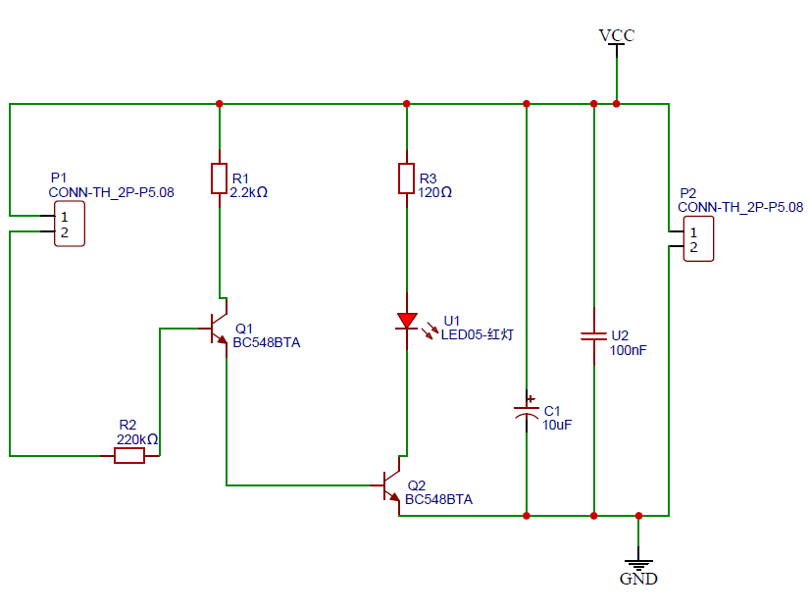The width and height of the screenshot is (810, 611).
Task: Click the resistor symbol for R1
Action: tap(220, 179)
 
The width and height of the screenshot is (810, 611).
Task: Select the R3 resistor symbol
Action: tap(407, 179)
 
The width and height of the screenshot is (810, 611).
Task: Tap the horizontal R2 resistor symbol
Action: tap(129, 456)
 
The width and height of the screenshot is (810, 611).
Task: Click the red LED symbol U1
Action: tap(407, 321)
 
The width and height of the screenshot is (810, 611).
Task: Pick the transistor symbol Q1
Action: tap(218, 330)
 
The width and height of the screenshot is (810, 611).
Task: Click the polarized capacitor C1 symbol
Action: tap(528, 413)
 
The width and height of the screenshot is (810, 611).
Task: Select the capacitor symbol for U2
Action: tap(594, 337)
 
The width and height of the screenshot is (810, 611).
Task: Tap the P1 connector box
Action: tap(69, 224)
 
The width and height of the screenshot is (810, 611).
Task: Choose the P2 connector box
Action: tap(697, 239)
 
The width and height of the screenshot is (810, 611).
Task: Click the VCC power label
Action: tap(617, 36)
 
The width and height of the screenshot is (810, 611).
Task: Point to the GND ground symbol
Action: tap(638, 567)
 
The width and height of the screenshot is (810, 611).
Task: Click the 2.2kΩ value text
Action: tap(249, 193)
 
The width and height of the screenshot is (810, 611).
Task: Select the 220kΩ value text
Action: tap(137, 440)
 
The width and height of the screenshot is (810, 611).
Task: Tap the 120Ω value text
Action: tap(435, 193)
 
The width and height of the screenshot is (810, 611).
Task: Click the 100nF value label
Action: tap(629, 349)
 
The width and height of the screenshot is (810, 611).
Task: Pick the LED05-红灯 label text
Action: tap(478, 334)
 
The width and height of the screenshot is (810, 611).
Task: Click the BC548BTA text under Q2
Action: tap(438, 499)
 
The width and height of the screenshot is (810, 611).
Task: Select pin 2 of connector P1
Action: tap(64, 232)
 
